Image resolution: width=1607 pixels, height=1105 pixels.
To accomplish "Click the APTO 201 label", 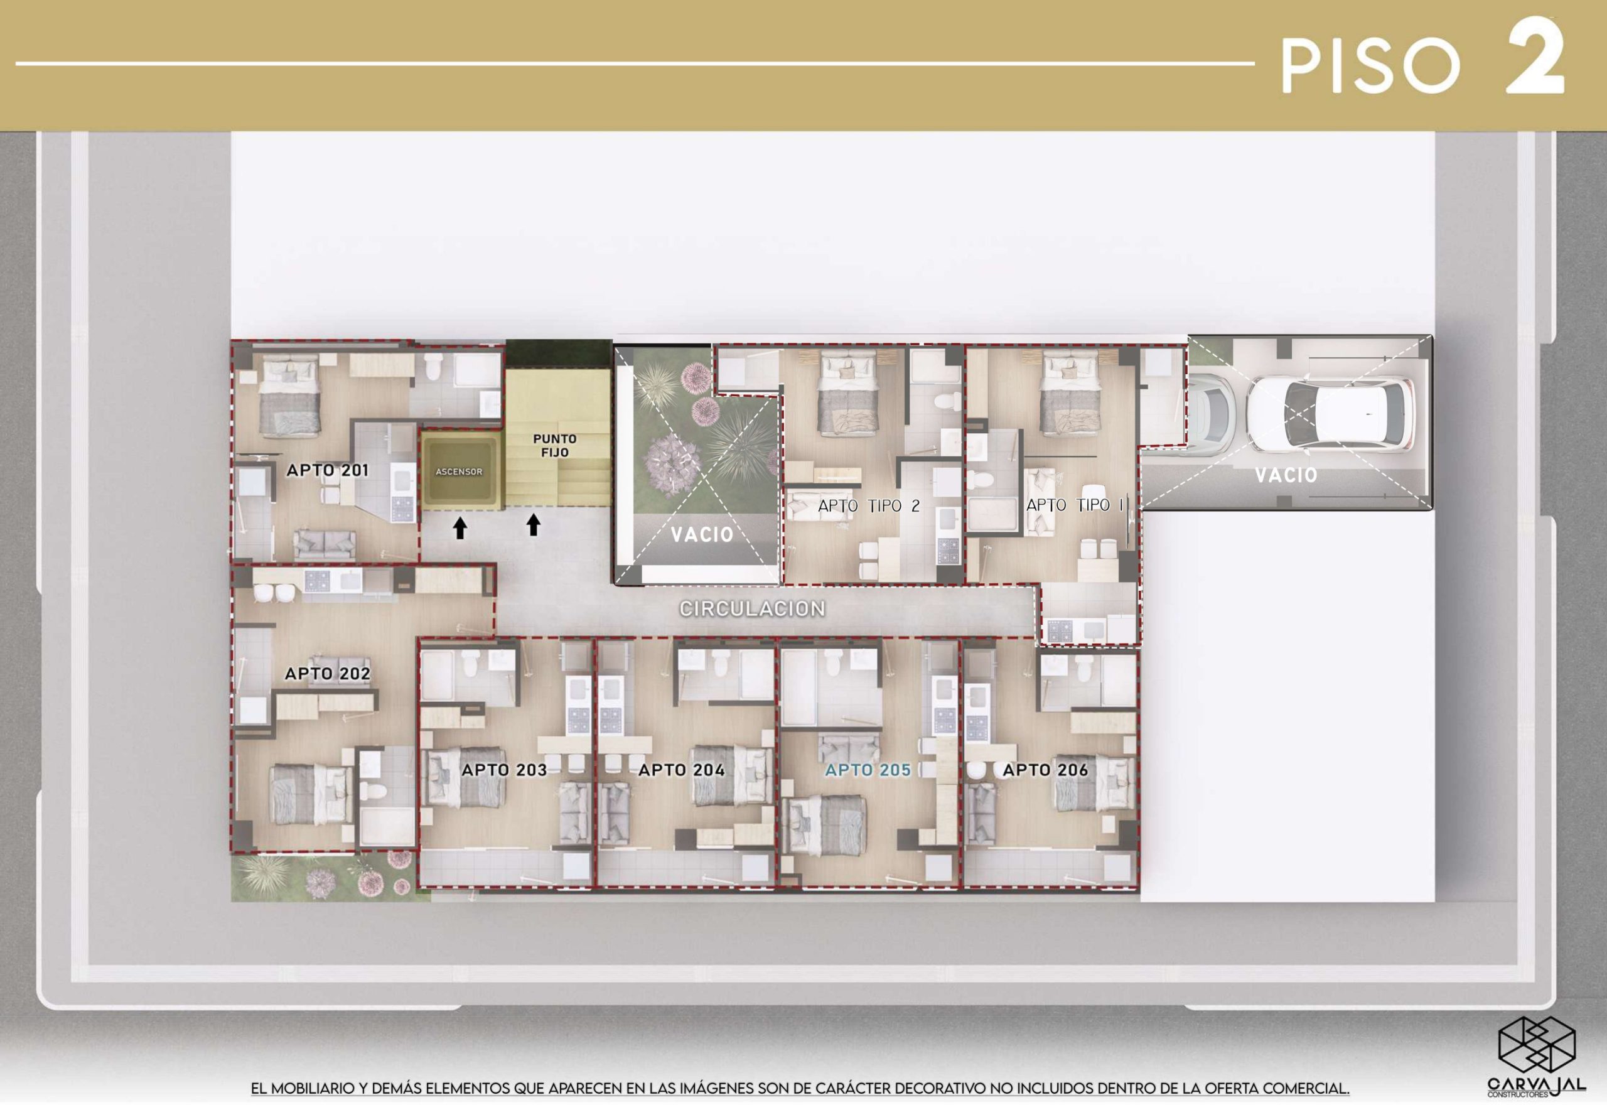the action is tap(327, 470).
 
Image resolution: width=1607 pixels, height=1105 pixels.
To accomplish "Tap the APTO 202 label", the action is tap(327, 673).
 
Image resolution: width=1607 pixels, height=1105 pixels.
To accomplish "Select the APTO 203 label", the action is tap(505, 769).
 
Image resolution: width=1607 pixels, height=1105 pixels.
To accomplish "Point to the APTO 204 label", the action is tap(682, 769).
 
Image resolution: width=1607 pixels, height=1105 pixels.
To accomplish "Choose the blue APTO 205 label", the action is tap(868, 769).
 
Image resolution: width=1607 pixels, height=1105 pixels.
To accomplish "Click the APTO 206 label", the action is tap(1046, 769).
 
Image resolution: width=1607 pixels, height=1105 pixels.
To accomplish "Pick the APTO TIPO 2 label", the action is tap(869, 506).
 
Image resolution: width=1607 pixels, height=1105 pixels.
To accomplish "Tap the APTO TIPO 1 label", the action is tap(1075, 505).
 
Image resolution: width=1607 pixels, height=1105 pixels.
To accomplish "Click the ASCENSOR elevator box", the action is tap(459, 470).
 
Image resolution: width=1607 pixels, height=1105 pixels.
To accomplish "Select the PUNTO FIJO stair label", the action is tap(555, 445).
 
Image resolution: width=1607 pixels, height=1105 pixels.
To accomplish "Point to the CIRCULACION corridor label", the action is tap(752, 608).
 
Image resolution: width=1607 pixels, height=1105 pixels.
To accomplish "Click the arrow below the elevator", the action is tap(460, 528).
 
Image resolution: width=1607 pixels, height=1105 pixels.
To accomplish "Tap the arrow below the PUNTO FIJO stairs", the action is tap(533, 526).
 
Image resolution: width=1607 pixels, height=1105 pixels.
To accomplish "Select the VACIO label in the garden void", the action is tap(702, 534).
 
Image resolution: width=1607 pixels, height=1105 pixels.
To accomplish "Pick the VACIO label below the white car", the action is tap(1286, 475).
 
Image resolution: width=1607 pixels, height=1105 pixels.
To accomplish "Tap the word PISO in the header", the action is tap(1370, 66).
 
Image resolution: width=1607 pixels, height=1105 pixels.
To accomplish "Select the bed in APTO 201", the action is tap(291, 396).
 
